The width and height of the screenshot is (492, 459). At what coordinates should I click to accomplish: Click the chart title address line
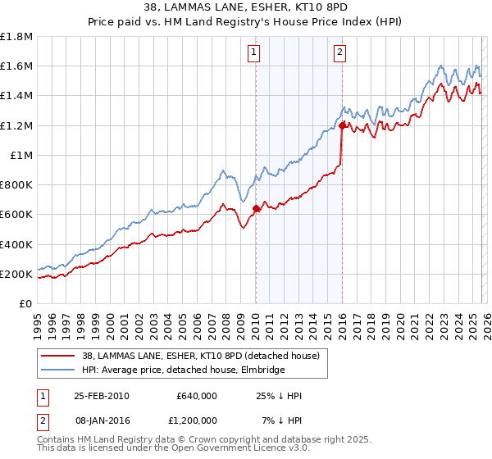click(x=245, y=7)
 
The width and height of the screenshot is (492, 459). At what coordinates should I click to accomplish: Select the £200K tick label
click(x=16, y=274)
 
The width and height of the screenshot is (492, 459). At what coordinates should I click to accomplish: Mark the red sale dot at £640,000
click(x=256, y=208)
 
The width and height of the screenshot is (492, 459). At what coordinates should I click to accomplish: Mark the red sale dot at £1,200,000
click(x=341, y=125)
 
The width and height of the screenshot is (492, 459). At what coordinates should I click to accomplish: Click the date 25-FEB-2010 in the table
click(x=101, y=396)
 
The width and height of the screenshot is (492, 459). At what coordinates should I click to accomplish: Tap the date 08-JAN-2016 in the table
click(x=101, y=420)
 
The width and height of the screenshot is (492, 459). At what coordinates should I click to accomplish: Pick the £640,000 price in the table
click(x=196, y=396)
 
